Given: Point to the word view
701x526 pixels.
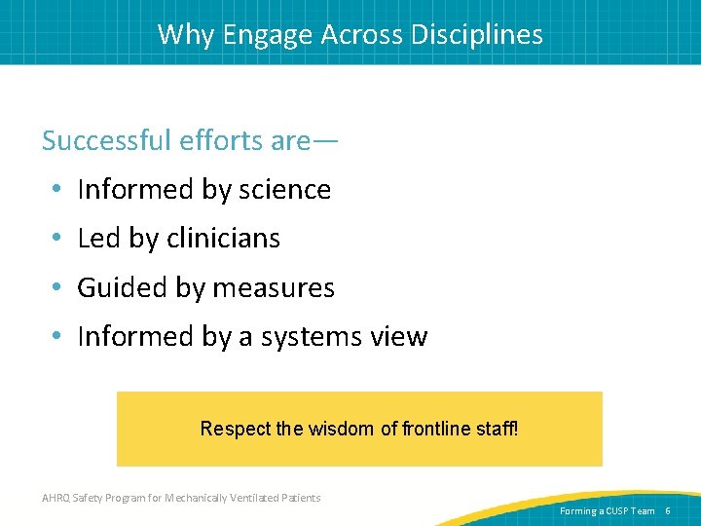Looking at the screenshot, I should [x=398, y=337].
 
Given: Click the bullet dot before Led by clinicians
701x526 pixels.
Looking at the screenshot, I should [x=58, y=239].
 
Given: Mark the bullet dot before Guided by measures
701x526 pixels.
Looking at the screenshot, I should [x=58, y=288].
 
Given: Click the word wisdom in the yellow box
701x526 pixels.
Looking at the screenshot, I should [x=337, y=429].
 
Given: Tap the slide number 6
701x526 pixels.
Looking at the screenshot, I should [x=668, y=510].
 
